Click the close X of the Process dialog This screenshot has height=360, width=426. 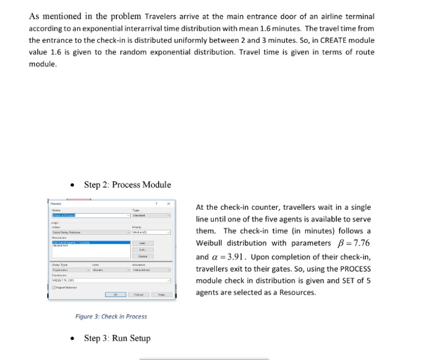168,203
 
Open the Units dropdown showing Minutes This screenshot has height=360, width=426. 107,270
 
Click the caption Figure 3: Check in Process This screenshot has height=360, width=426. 111,316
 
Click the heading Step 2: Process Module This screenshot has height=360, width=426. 127,185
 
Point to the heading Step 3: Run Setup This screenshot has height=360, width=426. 117,338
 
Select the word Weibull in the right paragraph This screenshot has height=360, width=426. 210,243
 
